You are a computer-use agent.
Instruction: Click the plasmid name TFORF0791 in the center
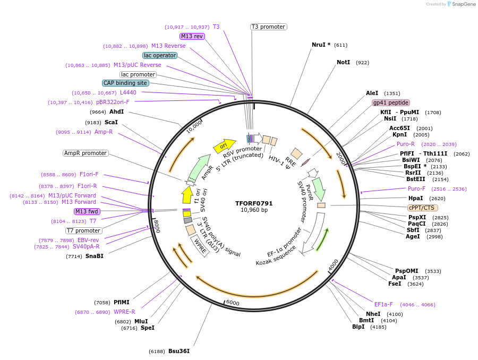point(254,203)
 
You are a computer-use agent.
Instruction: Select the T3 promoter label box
point(268,27)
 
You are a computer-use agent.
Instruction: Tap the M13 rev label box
point(192,36)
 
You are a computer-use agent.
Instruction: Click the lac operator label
point(160,55)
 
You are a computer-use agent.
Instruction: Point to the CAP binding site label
point(125,83)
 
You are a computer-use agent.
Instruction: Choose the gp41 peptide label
point(391,102)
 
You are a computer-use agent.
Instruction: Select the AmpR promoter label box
point(86,153)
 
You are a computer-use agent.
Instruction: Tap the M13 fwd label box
point(87,211)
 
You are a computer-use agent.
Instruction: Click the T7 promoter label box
point(84,230)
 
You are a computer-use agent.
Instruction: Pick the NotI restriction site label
point(343,62)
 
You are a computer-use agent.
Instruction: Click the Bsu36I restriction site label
point(178,351)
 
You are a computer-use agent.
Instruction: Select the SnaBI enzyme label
point(95,256)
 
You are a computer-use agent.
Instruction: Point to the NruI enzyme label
point(321,45)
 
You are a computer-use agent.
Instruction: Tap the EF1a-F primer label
point(383,304)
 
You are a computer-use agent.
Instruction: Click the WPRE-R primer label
point(124,312)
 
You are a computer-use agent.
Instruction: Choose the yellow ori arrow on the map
point(224,145)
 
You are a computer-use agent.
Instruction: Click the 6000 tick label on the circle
point(233,303)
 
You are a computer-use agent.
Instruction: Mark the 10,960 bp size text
point(254,210)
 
